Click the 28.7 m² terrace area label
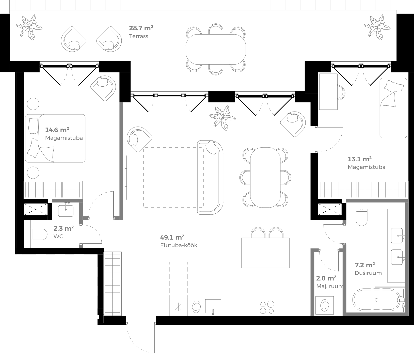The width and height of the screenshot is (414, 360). (141, 28)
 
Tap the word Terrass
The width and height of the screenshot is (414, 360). (138, 36)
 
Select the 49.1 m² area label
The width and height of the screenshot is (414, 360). (172, 238)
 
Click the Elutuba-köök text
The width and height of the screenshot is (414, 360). (179, 245)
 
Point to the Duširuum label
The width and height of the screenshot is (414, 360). (368, 273)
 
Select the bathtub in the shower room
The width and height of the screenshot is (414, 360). (376, 300)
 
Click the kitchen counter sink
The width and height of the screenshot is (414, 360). (213, 306)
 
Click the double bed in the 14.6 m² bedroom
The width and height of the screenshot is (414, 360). (55, 138)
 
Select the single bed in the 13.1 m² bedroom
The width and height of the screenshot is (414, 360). (393, 108)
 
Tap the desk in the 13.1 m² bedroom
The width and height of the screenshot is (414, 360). (328, 92)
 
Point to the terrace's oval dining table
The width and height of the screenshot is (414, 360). (216, 49)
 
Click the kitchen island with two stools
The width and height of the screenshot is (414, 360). (265, 253)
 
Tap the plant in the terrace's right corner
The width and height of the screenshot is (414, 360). (377, 27)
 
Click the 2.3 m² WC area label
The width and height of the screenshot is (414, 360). (63, 228)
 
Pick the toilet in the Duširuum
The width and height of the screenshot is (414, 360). (361, 217)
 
